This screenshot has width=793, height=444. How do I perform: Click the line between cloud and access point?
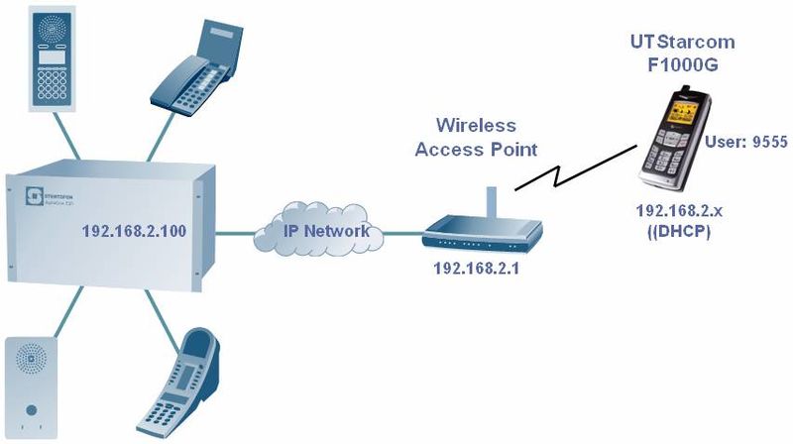coord(401,235)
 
